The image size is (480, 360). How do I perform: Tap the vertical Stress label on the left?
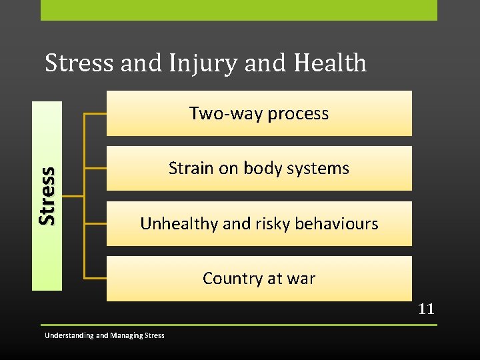47,195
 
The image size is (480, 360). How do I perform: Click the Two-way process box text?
259,113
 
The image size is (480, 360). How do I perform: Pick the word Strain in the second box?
188,169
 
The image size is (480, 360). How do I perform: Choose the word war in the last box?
301,278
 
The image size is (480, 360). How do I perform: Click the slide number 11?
426,309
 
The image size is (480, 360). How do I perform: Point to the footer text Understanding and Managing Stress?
104,335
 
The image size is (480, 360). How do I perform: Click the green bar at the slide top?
239,10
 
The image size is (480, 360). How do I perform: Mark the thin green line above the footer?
239,325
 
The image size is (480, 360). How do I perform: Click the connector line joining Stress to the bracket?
72,196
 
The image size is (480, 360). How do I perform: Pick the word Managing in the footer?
126,335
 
